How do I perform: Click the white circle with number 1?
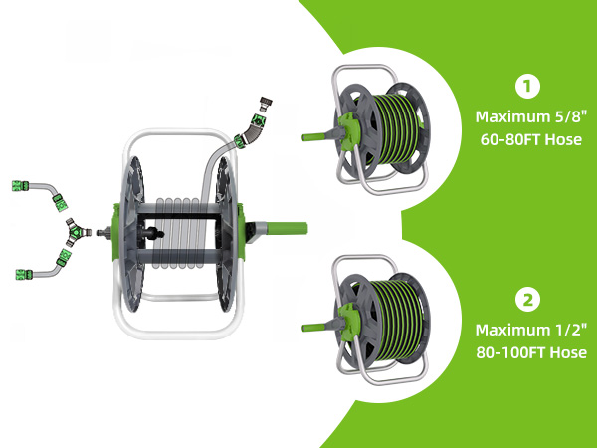coord(527,87)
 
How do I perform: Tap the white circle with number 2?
coord(527,300)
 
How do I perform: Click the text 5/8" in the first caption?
coord(568,116)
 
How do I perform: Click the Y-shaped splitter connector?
coord(77,232)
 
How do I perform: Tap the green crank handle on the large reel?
coord(287,229)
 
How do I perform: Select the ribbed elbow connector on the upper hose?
coord(252,129)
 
